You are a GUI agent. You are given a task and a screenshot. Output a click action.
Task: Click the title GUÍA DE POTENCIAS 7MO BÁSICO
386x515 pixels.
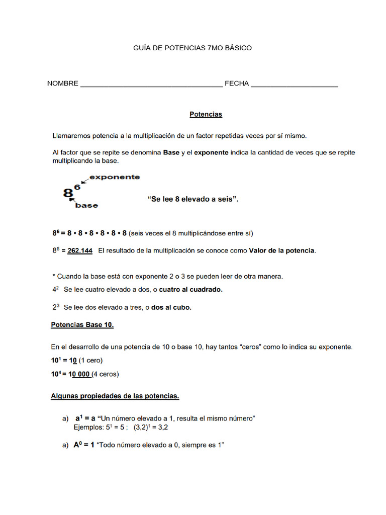click(x=192, y=48)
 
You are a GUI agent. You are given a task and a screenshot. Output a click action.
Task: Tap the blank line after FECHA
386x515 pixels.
click(x=294, y=84)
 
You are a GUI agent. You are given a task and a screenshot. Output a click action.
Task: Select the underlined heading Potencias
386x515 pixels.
click(x=206, y=115)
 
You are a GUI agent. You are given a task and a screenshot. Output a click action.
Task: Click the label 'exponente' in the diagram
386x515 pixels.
click(x=115, y=177)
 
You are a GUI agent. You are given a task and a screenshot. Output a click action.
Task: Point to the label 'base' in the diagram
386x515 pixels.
click(x=86, y=205)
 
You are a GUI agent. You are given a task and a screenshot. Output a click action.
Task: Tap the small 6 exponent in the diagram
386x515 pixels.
click(x=77, y=187)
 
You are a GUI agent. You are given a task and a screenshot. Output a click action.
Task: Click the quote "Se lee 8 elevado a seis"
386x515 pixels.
click(x=192, y=199)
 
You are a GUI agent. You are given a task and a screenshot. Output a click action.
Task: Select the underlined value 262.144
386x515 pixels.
click(x=80, y=250)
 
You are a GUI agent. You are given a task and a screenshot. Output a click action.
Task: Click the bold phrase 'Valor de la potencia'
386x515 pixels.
click(x=282, y=250)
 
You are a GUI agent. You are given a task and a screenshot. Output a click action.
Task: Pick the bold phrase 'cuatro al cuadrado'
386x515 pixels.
click(x=190, y=290)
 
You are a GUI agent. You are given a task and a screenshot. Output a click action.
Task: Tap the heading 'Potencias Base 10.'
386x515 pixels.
click(x=82, y=325)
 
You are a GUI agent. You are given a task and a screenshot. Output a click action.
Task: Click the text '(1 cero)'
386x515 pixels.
click(x=90, y=361)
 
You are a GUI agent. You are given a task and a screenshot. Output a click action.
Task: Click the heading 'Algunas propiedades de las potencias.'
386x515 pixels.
click(x=115, y=396)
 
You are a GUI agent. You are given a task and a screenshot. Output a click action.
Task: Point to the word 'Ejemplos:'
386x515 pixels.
click(x=89, y=427)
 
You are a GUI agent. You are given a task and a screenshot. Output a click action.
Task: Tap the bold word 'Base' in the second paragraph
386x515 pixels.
click(x=171, y=153)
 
